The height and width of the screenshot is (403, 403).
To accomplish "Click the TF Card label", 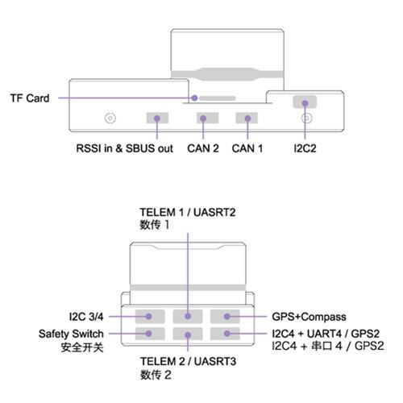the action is (x=30, y=98).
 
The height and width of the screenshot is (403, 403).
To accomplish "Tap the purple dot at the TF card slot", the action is (x=195, y=98).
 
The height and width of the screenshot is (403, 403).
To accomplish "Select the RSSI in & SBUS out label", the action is (x=125, y=148).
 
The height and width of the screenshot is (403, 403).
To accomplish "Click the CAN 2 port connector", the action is (x=207, y=118).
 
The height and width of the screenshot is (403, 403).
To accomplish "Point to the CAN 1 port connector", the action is (x=247, y=118).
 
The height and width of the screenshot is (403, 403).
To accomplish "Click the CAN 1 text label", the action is (x=247, y=148).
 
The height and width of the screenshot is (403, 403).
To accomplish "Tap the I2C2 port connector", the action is (x=305, y=102).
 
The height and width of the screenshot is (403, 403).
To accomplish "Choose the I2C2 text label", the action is (x=305, y=148).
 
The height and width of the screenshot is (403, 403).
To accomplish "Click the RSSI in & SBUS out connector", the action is (x=157, y=118).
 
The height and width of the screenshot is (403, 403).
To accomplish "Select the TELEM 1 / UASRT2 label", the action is (x=188, y=213).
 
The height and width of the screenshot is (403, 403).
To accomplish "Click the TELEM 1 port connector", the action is (x=188, y=316).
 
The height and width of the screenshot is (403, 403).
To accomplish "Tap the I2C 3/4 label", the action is (x=86, y=317).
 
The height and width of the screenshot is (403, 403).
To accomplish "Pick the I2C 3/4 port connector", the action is (x=150, y=316).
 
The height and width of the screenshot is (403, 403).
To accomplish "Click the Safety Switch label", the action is (x=71, y=334).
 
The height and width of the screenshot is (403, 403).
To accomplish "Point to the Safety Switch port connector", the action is (x=150, y=334).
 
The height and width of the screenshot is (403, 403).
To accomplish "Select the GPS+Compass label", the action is (x=309, y=317).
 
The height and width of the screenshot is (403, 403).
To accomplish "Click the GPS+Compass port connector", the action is (x=225, y=316).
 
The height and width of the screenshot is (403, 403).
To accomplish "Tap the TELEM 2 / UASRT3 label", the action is (x=188, y=362).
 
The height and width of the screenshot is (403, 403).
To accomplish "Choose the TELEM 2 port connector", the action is (x=188, y=334).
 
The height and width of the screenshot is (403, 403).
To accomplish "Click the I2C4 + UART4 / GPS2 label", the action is (x=326, y=334).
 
